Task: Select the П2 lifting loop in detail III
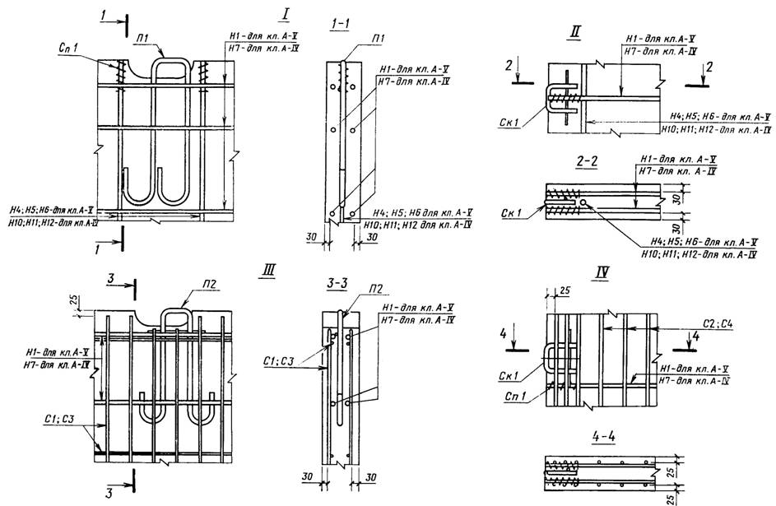click(174, 319)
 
